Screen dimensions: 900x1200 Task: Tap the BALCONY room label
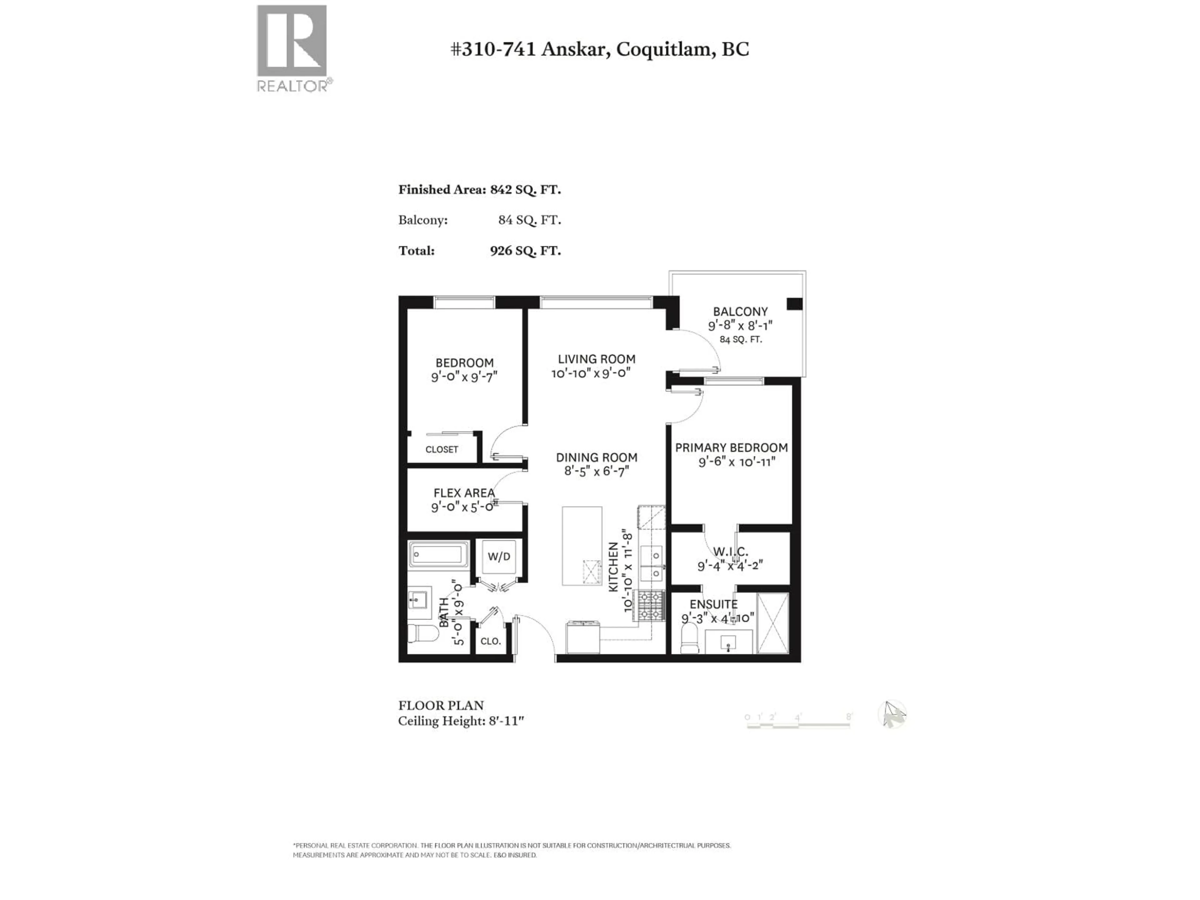pos(740,312)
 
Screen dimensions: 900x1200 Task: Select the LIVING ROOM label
pos(596,359)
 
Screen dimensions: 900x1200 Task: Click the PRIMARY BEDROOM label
pos(731,447)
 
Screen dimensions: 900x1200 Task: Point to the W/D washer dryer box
pos(498,557)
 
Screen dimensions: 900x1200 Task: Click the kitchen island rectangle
pos(582,545)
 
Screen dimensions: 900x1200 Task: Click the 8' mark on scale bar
pos(849,717)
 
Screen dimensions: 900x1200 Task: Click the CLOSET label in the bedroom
pos(442,449)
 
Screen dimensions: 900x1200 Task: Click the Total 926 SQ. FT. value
pos(525,251)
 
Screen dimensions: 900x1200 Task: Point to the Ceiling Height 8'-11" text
pos(461,721)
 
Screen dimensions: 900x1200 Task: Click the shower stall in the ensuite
pos(772,623)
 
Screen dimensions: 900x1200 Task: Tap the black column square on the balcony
pos(794,304)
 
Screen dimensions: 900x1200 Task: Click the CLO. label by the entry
pos(490,641)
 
